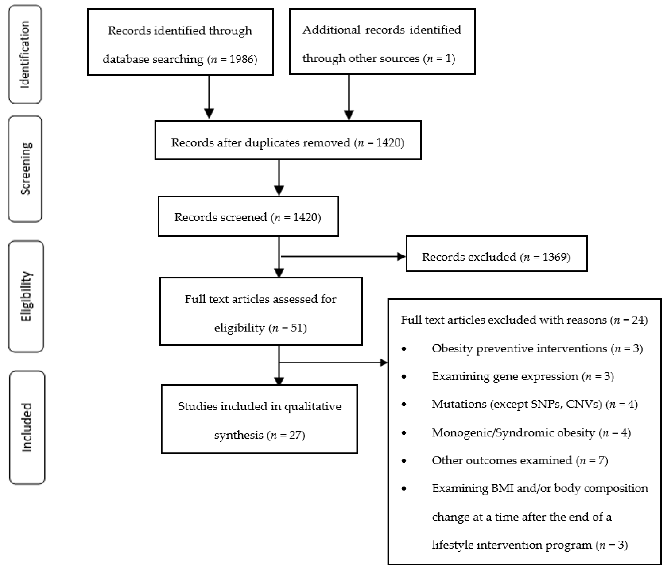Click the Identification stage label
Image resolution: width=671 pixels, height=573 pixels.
tap(25, 54)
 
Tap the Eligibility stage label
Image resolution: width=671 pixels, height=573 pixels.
tap(26, 296)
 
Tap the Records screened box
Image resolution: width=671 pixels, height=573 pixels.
tap(248, 216)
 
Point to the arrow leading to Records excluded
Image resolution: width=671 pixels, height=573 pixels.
tap(343, 257)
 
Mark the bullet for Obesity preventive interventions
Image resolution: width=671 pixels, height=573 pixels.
tap(404, 349)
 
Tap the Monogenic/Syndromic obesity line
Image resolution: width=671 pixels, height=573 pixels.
tap(531, 433)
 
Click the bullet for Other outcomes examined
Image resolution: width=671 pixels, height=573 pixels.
tap(404, 461)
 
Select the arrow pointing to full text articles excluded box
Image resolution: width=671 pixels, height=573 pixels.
tap(334, 362)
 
